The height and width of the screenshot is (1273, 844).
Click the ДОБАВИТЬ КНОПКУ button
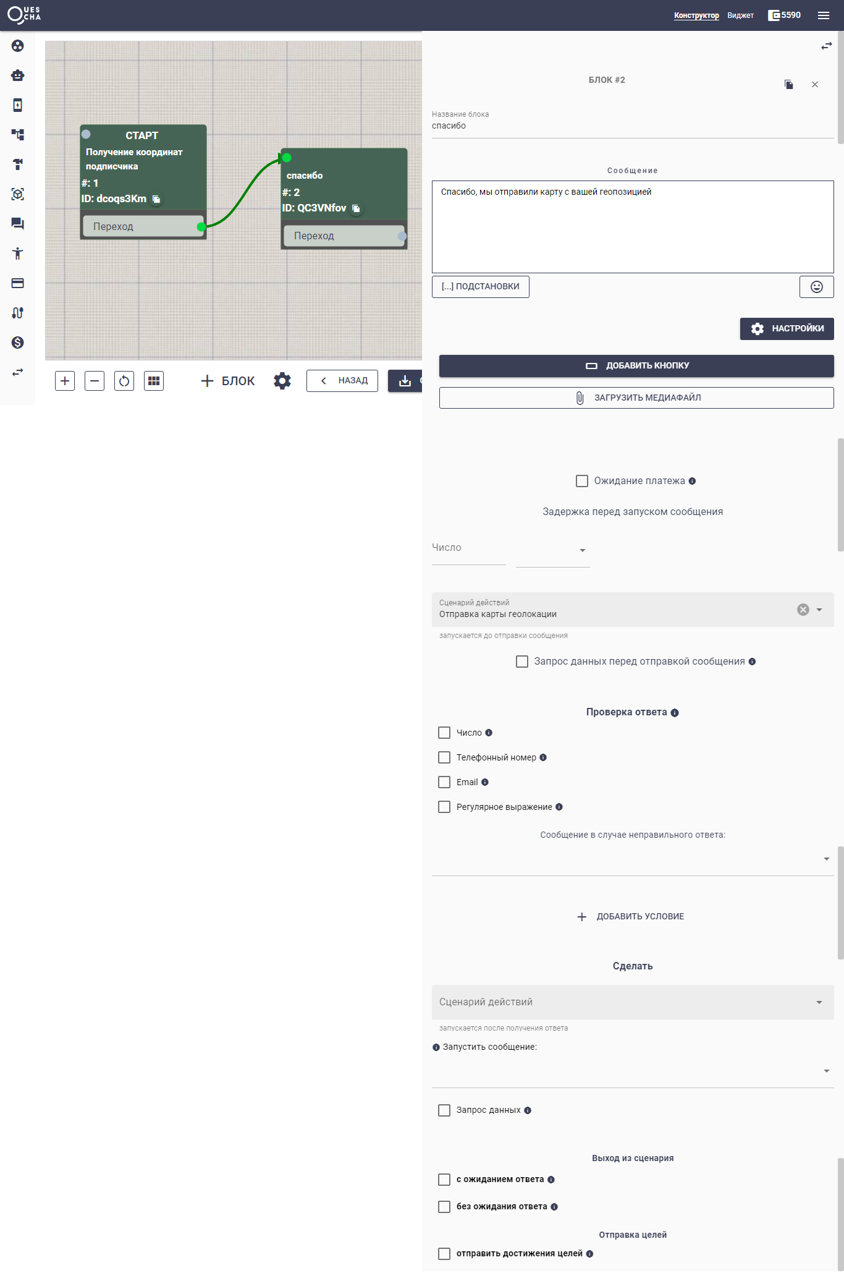[x=636, y=365]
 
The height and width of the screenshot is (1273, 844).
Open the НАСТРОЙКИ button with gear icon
[x=787, y=328]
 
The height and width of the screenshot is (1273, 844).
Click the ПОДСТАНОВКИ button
[x=480, y=286]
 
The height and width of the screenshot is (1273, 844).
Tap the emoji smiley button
[x=816, y=287]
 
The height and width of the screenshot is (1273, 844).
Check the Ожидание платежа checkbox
[x=582, y=481]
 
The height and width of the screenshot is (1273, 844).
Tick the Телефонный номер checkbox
[x=444, y=757]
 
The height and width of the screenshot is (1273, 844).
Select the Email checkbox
[x=444, y=782]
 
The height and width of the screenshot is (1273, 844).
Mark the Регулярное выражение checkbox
[x=444, y=807]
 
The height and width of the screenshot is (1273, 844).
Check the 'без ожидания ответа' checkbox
[x=444, y=1206]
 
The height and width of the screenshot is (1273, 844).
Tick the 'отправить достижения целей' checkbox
[x=444, y=1253]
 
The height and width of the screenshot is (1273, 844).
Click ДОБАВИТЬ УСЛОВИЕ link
[x=631, y=916]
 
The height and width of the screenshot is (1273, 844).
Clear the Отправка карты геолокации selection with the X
[x=803, y=610]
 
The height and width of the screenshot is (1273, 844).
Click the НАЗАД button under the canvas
[x=342, y=381]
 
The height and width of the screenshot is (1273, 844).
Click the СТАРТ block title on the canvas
[x=142, y=135]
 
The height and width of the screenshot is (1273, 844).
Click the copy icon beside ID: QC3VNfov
[x=356, y=208]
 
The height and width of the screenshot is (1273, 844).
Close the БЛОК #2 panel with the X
[x=815, y=85]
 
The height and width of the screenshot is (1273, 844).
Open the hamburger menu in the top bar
[x=824, y=15]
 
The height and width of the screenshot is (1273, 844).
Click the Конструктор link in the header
[x=696, y=15]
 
